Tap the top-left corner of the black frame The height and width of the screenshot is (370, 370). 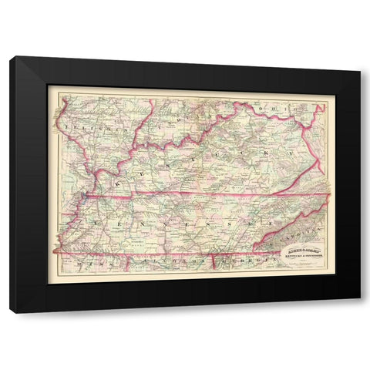coord(11,57)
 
